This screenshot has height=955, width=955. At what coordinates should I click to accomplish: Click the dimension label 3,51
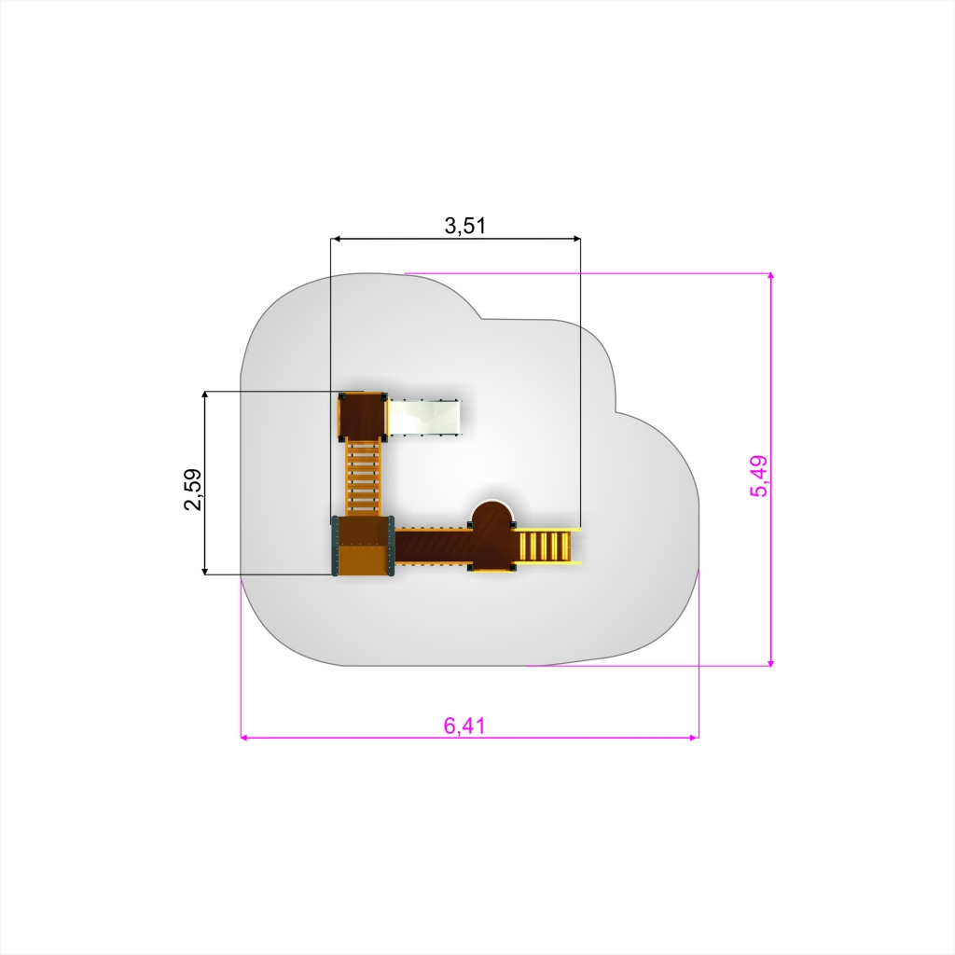coord(465,226)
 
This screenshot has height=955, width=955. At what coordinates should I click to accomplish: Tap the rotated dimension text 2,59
coord(194,489)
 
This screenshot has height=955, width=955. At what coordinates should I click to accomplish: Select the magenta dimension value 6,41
coord(464,726)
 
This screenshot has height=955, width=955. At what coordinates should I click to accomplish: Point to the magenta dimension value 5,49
coord(759,477)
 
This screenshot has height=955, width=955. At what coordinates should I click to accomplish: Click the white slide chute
coord(424,417)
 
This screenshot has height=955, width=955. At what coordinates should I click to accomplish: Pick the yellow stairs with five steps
coord(547,547)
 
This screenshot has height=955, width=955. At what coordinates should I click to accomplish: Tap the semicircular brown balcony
coord(491,534)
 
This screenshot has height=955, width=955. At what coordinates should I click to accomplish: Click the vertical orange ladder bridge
coord(363,478)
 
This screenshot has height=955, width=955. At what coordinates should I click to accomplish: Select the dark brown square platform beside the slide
coord(363,417)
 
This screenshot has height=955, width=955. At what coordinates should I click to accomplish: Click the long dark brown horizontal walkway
coord(433,546)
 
